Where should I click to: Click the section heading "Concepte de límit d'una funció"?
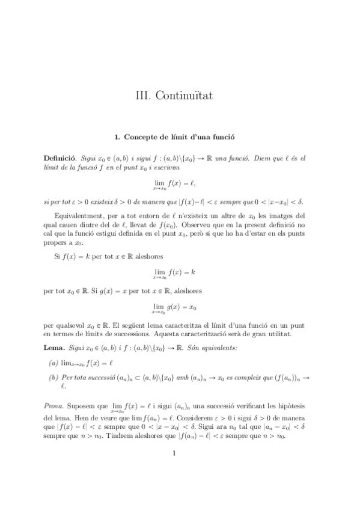tap(180, 137)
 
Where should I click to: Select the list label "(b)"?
tap(53, 377)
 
